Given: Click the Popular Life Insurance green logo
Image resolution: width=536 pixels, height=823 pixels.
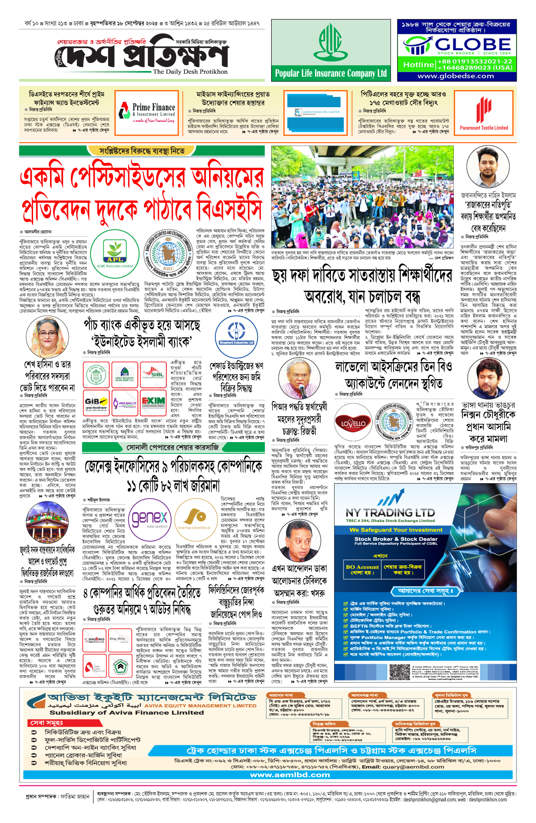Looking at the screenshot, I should [x=330, y=43].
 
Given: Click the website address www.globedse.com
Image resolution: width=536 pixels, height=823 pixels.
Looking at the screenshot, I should [x=455, y=76].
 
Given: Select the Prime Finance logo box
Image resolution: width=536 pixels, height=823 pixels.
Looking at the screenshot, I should [x=147, y=112].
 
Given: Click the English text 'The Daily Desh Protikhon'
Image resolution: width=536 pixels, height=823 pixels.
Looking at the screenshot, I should [x=190, y=71].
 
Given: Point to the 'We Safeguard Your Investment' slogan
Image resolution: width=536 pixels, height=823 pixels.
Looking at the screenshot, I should [x=396, y=530].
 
